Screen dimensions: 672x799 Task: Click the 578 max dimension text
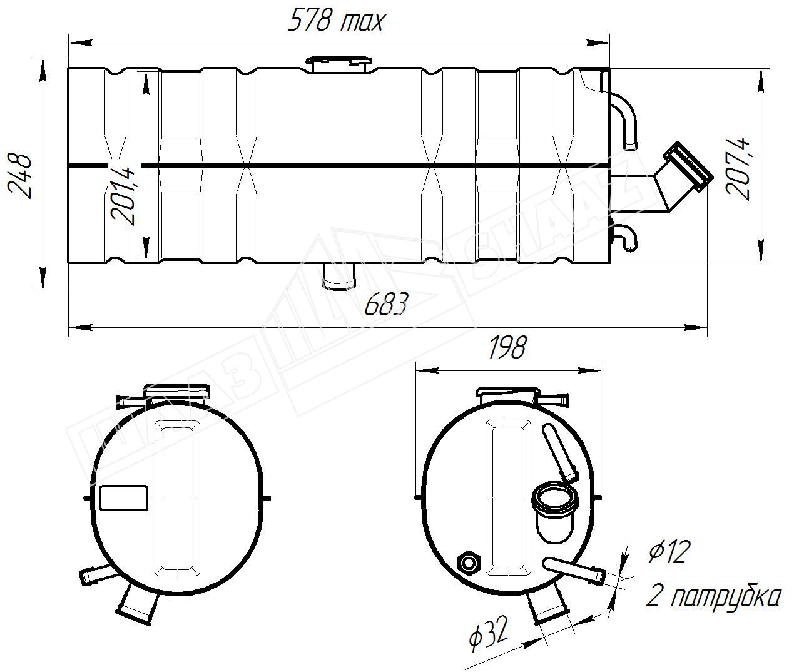pos(336,21)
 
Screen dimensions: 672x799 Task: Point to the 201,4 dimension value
pos(123,195)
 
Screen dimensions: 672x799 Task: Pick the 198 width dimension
pos(507,348)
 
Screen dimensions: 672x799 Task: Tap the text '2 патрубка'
pos(713,597)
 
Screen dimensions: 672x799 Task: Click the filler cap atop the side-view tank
pos(338,63)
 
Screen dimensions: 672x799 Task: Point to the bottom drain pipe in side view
pos(338,277)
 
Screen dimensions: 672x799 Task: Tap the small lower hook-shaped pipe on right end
pos(625,237)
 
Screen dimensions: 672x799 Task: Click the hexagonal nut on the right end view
pos(468,563)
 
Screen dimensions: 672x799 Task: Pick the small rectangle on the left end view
pos(123,499)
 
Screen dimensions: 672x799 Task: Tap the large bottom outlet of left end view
pos(138,604)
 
